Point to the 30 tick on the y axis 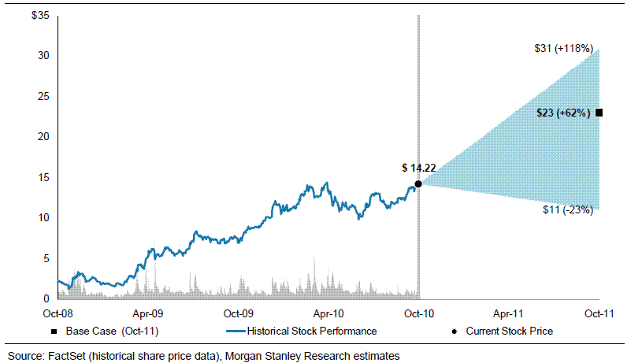coord(45,56)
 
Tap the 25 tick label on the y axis coord(45,96)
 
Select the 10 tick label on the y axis coord(45,217)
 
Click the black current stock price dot coord(418,183)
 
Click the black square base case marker coord(599,113)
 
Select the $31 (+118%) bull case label coord(562,48)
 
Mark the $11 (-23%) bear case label coord(566,209)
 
